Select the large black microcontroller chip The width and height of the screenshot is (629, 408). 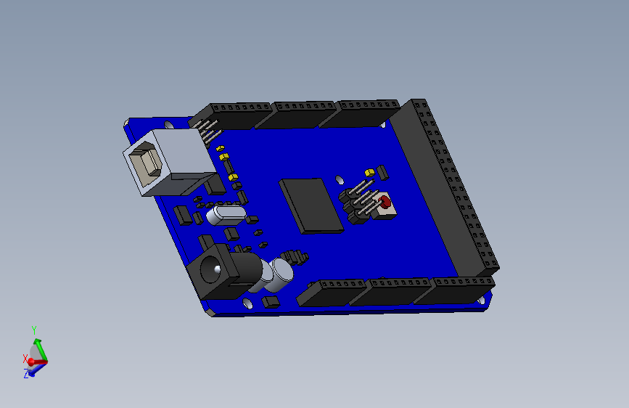tap(311, 205)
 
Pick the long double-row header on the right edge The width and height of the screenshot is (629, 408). tap(450, 189)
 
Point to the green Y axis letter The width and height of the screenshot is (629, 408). tap(33, 330)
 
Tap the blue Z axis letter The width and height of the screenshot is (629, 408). tap(26, 374)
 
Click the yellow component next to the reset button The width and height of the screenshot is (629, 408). tap(369, 173)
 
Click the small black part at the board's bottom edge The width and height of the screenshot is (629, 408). tap(271, 301)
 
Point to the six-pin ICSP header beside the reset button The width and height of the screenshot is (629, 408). tap(357, 203)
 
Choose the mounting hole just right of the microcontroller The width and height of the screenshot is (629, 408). tap(339, 179)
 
